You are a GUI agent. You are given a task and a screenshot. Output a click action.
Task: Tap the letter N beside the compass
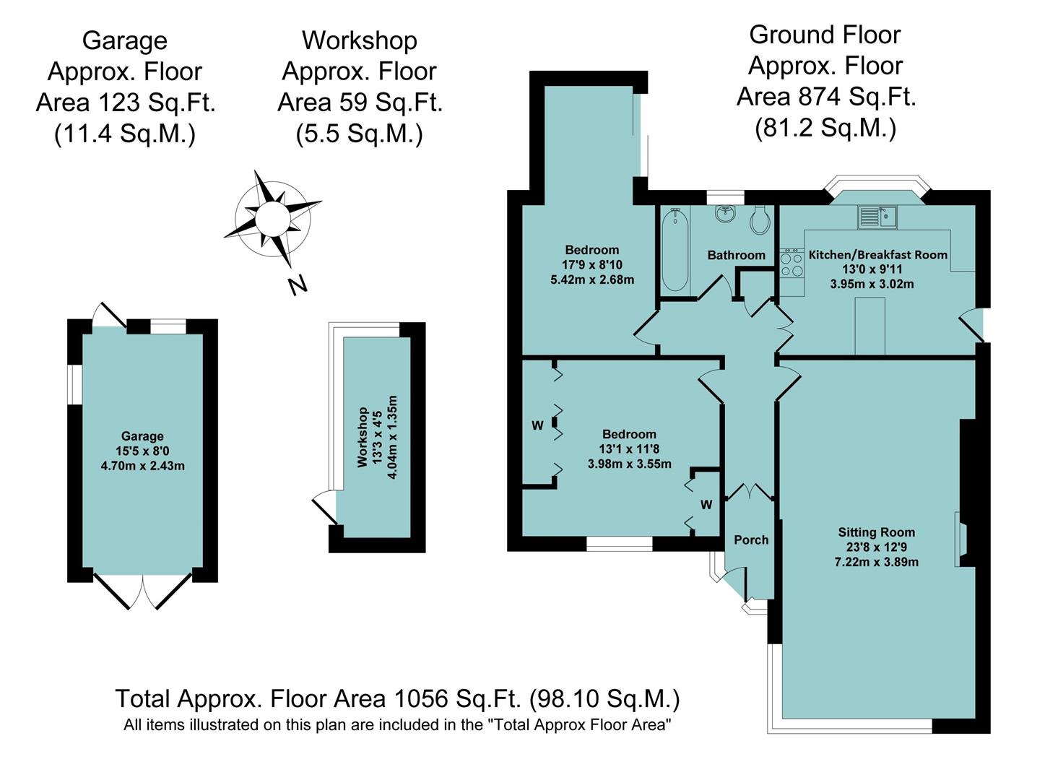coord(297,285)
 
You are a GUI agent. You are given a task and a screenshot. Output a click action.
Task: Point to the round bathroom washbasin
coord(725,214)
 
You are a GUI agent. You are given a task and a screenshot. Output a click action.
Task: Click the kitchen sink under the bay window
coord(877,216)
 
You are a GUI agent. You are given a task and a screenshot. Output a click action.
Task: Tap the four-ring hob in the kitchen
coord(792,264)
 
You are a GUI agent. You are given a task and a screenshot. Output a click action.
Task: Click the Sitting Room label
coord(876,532)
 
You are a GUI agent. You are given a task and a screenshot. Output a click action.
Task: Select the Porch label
coord(751,539)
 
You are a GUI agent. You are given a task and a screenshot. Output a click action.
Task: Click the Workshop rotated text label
coord(363,437)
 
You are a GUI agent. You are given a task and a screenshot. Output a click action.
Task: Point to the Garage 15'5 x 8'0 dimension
coord(142,451)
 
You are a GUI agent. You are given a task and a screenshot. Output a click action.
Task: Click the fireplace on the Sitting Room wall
coord(961,539)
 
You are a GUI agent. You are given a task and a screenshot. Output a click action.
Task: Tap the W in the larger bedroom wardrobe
coord(537,425)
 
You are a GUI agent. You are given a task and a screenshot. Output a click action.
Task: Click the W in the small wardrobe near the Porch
coord(706,504)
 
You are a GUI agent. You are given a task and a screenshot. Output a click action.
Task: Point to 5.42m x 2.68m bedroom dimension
coord(592,279)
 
